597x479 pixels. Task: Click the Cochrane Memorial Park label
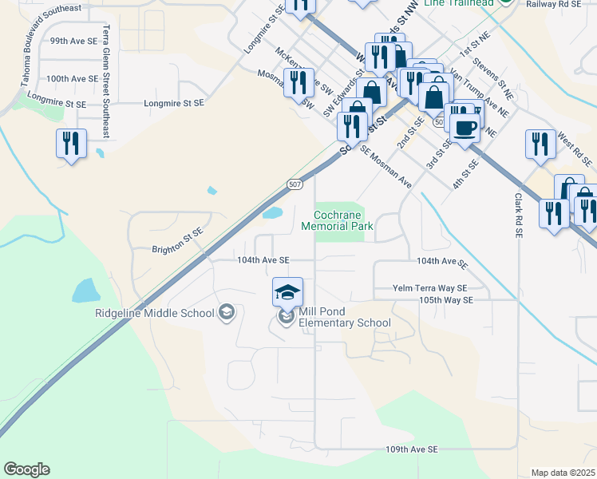pyautogui.click(x=338, y=220)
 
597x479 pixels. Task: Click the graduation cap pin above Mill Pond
pyautogui.click(x=287, y=293)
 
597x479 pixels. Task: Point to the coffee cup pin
pyautogui.click(x=465, y=126)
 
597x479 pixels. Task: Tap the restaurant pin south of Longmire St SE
pyautogui.click(x=71, y=144)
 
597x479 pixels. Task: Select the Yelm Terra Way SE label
pyautogui.click(x=429, y=287)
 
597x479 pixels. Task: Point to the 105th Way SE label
pyautogui.click(x=446, y=299)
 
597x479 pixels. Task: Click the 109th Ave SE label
pyautogui.click(x=412, y=449)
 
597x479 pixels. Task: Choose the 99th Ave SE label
pyautogui.click(x=73, y=40)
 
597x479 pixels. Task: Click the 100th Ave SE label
pyautogui.click(x=72, y=79)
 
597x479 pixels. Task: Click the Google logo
pyautogui.click(x=26, y=469)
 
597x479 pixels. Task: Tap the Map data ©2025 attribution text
pyautogui.click(x=563, y=473)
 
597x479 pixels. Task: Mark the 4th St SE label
pyautogui.click(x=465, y=174)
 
